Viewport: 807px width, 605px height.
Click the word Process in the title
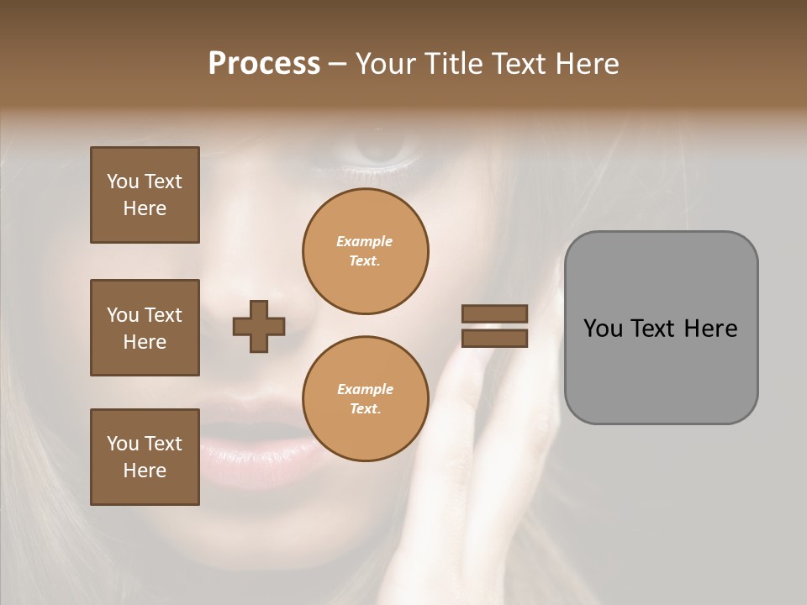(264, 64)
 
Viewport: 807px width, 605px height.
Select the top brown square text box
(145, 195)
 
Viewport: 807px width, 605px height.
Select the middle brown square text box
(145, 328)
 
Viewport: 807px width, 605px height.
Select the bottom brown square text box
(145, 457)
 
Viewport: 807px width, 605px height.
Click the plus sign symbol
(259, 326)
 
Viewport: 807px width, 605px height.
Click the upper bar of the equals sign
(494, 314)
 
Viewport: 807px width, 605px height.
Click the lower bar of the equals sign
(494, 338)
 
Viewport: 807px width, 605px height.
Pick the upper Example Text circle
(365, 251)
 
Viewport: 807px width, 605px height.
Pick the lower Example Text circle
(365, 399)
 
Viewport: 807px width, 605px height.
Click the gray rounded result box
(661, 370)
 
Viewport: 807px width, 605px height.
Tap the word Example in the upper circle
(364, 241)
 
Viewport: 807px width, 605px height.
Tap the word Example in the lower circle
(365, 389)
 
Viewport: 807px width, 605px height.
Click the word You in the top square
(123, 181)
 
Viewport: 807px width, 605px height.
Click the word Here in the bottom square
(145, 471)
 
